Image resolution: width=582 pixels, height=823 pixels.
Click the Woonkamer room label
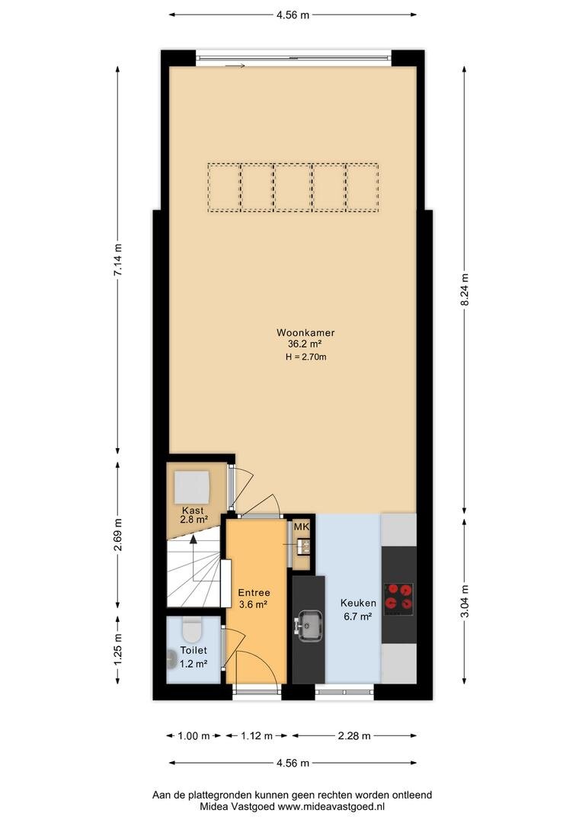tap(305, 333)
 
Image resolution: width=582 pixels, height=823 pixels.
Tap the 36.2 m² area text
tap(305, 344)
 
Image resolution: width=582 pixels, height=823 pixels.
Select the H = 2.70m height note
tap(306, 357)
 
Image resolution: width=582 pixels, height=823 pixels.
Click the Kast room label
tap(193, 510)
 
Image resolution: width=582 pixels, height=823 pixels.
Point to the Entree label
tap(254, 593)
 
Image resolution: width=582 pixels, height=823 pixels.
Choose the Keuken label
tap(358, 603)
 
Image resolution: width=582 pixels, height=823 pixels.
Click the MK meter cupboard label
tap(301, 527)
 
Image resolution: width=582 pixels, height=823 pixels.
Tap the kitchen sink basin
tap(309, 625)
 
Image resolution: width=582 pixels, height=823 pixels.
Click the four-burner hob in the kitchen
tap(399, 599)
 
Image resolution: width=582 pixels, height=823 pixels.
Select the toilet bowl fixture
tap(191, 629)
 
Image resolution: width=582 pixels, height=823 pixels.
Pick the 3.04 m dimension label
tap(465, 601)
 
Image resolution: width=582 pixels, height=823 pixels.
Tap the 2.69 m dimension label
tap(119, 534)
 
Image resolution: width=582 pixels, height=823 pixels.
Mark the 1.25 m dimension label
tap(119, 650)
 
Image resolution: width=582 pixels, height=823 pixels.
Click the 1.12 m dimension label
tap(257, 736)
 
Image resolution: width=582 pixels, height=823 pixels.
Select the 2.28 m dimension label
tap(355, 736)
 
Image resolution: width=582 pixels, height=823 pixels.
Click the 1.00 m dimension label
tap(193, 736)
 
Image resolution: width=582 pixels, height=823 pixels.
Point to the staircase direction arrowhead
tap(193, 538)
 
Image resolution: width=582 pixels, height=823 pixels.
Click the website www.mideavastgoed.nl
tap(331, 807)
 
